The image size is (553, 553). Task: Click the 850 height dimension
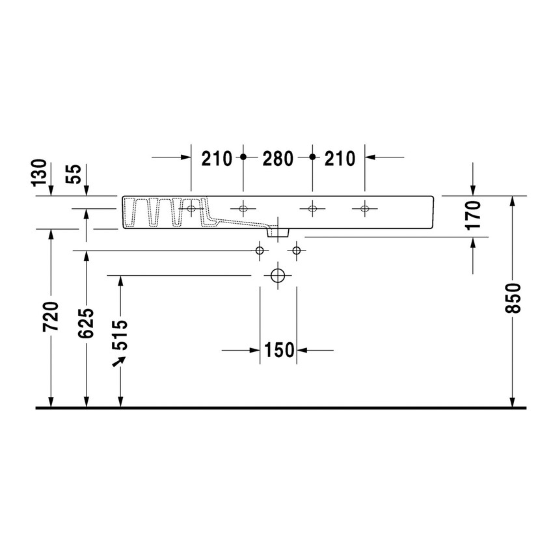513,299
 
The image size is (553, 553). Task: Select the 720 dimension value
51,317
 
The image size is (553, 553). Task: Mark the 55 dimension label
75,174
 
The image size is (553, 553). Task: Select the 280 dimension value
278,157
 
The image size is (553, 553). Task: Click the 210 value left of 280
217,157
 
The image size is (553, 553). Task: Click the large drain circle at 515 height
278,276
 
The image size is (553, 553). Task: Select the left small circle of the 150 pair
260,250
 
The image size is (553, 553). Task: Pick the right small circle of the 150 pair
297,250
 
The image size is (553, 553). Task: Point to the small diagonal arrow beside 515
118,361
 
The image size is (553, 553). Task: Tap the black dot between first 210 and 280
243,157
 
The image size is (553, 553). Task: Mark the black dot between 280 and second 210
312,157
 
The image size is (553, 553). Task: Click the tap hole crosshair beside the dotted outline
191,209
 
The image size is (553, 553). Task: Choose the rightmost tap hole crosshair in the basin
364,209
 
